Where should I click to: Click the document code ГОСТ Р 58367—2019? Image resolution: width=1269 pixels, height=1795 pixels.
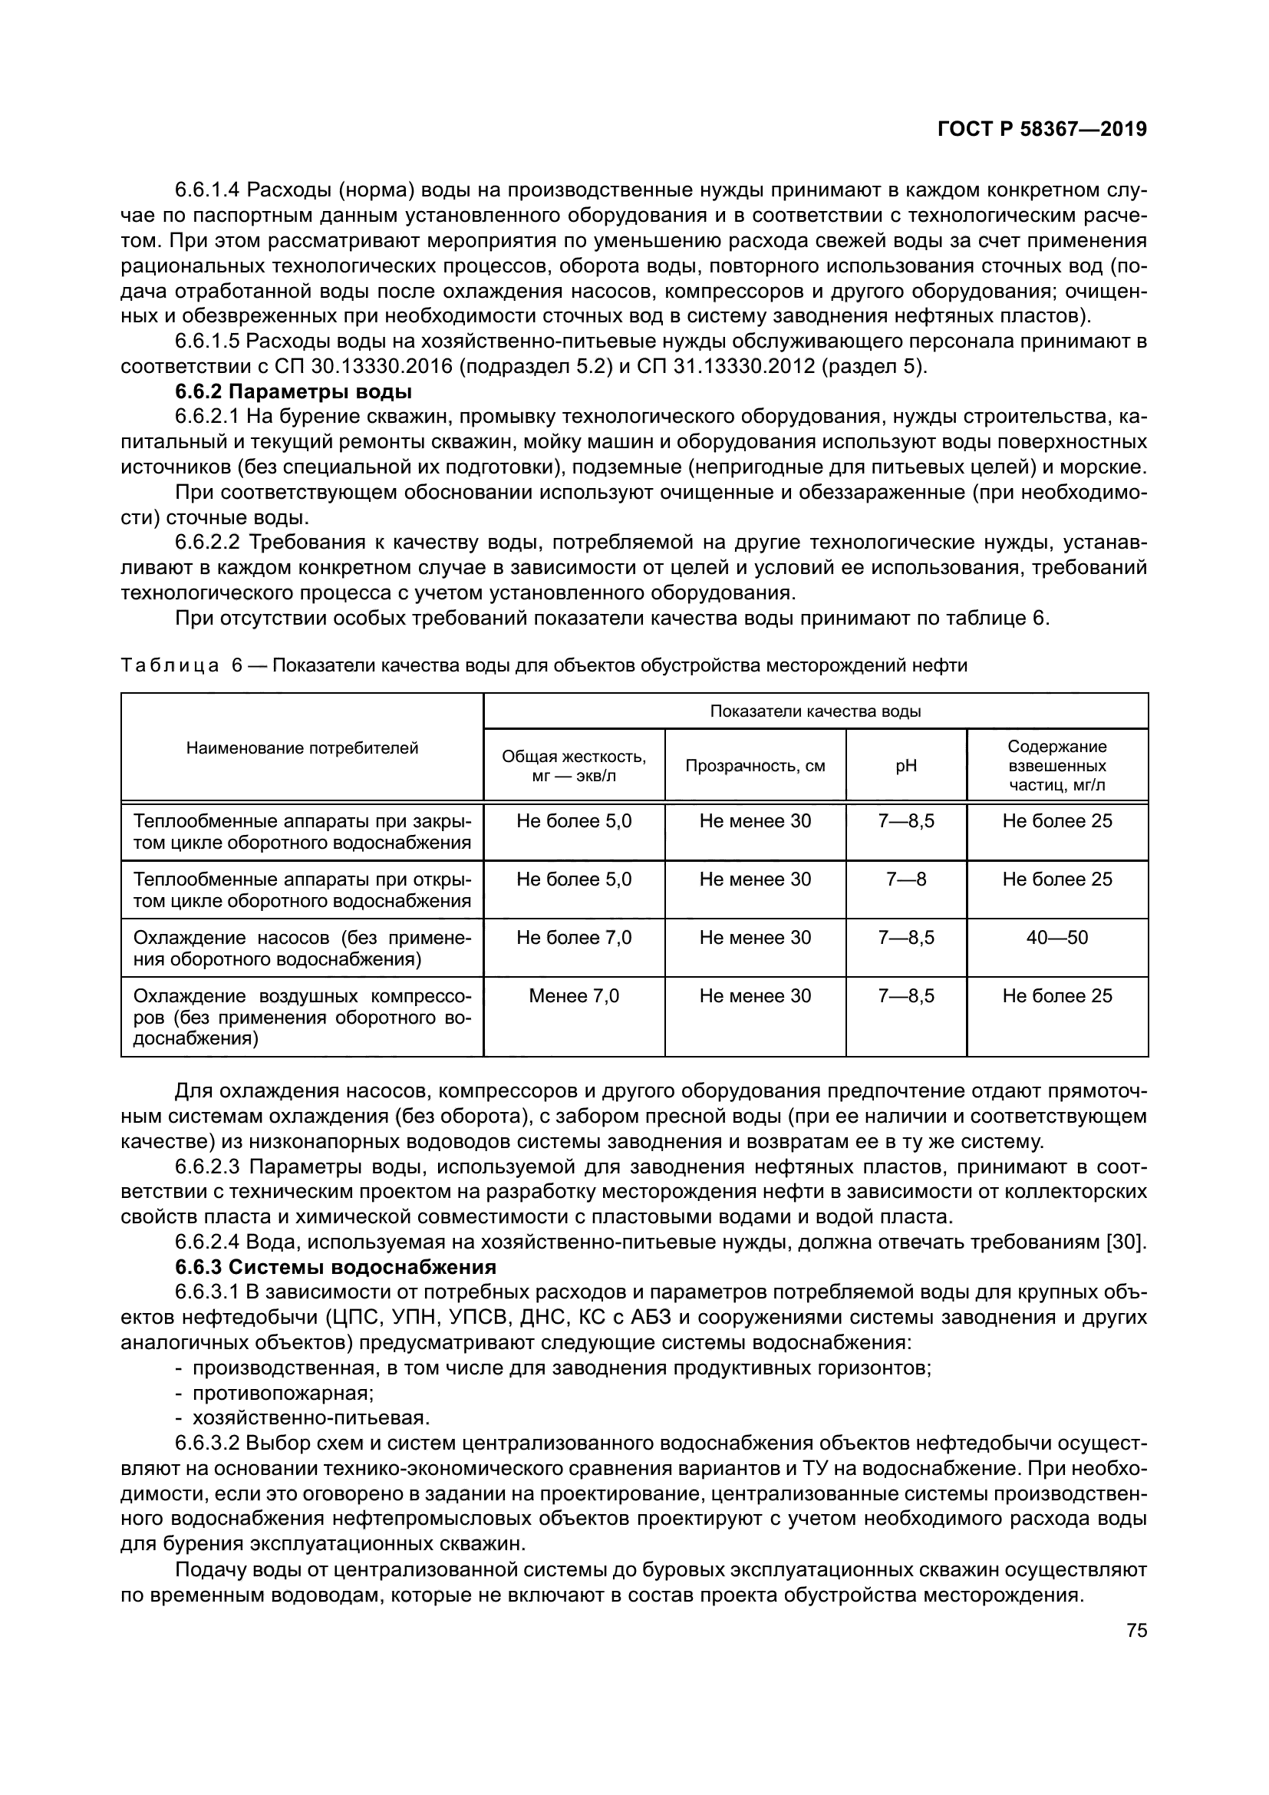pos(1042,130)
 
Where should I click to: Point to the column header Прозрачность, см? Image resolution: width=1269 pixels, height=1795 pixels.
pos(755,765)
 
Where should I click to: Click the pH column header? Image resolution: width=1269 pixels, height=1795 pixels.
pos(905,765)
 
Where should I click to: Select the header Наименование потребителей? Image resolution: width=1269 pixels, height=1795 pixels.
pos(302,748)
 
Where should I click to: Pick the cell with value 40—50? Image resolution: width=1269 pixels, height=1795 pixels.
pos(1056,937)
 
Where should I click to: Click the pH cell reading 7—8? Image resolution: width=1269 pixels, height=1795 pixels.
pos(905,879)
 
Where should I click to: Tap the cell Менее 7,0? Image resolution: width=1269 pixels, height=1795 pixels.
pos(574,996)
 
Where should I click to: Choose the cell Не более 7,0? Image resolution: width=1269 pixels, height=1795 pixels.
pos(574,937)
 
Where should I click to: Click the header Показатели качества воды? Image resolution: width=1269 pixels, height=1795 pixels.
pos(815,711)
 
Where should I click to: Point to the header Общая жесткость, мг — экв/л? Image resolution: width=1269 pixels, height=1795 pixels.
pos(574,765)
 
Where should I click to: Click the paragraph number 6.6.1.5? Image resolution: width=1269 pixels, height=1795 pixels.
pos(207,342)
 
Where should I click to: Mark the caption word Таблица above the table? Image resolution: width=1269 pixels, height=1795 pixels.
pos(169,665)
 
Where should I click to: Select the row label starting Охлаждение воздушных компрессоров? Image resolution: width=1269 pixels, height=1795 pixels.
pos(302,1016)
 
